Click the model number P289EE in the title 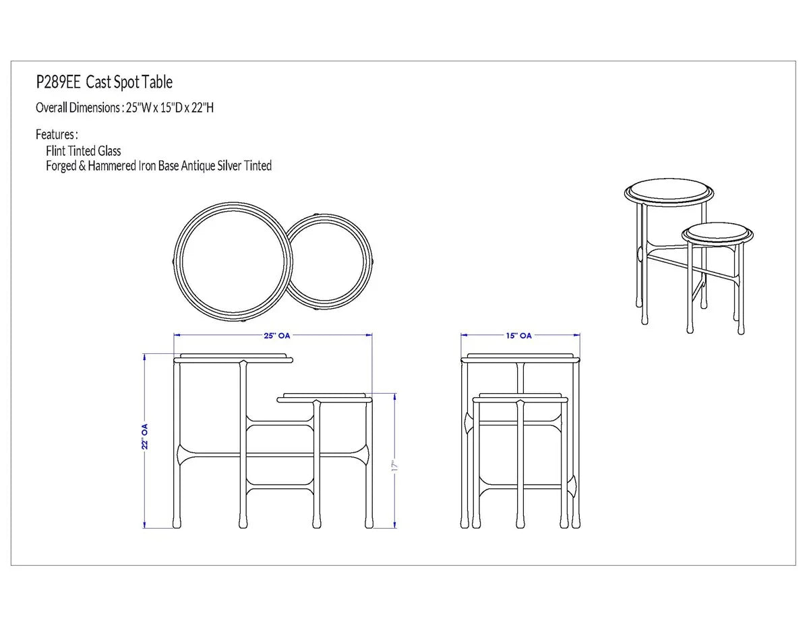(x=58, y=82)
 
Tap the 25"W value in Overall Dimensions (x=138, y=108)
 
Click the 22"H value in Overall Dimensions (x=202, y=108)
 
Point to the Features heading (x=57, y=134)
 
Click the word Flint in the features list (x=55, y=151)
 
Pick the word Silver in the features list (x=229, y=166)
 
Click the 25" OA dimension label (x=276, y=335)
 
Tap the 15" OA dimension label (x=518, y=335)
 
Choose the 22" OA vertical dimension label (x=145, y=436)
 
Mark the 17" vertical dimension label (x=395, y=467)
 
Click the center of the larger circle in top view (x=233, y=262)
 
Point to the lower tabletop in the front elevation (x=324, y=398)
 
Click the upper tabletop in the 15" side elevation (x=520, y=359)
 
